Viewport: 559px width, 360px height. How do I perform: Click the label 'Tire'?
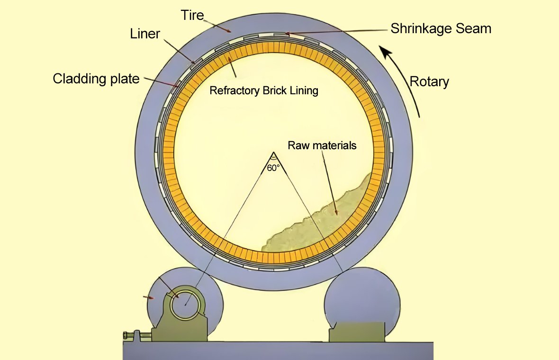coord(192,15)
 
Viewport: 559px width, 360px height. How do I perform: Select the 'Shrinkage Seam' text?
coord(441,28)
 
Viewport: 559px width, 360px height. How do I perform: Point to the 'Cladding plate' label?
coord(96,78)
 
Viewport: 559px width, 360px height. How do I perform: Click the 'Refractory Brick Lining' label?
coord(264,90)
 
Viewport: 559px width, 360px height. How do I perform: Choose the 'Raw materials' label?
coord(322,145)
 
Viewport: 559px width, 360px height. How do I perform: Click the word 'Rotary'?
coord(429,81)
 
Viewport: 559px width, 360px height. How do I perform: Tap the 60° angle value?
coord(273,167)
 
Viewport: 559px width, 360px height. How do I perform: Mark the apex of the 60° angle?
coord(273,153)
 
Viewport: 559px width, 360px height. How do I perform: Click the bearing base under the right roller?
coord(356,332)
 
